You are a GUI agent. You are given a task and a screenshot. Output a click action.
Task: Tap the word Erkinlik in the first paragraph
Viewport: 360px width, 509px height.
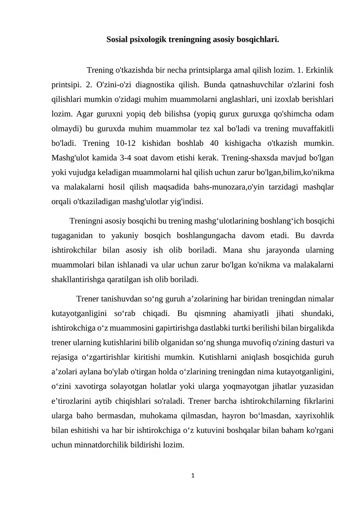click(x=319, y=71)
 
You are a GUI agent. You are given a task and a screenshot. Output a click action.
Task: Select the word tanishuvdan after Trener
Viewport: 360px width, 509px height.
click(x=121, y=298)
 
